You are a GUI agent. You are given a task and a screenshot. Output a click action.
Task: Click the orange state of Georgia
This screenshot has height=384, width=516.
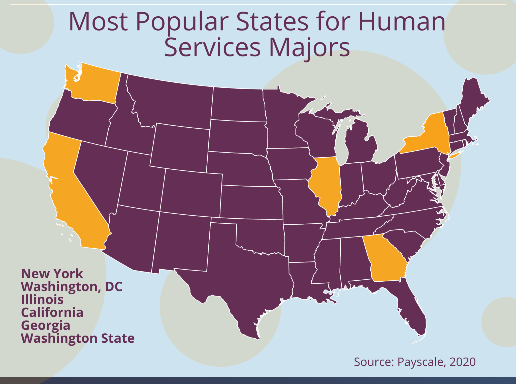tap(384, 260)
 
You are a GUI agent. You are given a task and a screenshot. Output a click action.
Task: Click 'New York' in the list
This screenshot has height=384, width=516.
tap(52, 274)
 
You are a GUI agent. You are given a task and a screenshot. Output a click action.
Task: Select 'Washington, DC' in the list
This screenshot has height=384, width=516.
tap(72, 287)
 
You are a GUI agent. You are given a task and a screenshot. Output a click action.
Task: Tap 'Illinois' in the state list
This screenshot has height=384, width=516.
tap(42, 300)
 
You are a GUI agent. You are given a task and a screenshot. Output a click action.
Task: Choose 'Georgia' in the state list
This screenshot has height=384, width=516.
tap(46, 325)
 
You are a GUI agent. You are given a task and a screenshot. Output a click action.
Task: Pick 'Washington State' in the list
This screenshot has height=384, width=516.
tap(78, 338)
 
